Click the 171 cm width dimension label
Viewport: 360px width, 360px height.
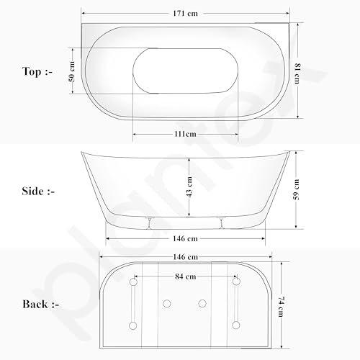(185, 13)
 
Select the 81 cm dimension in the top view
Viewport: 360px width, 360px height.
(297, 73)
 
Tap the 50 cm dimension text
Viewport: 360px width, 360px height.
(72, 71)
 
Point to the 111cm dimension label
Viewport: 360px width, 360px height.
(185, 134)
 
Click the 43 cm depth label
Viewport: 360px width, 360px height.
(189, 186)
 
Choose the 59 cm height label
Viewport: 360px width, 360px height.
(297, 189)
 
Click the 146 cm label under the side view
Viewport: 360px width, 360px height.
(185, 238)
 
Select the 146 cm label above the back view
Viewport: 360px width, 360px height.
(186, 257)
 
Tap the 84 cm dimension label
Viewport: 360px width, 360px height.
(186, 276)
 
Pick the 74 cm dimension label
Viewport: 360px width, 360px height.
(281, 307)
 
